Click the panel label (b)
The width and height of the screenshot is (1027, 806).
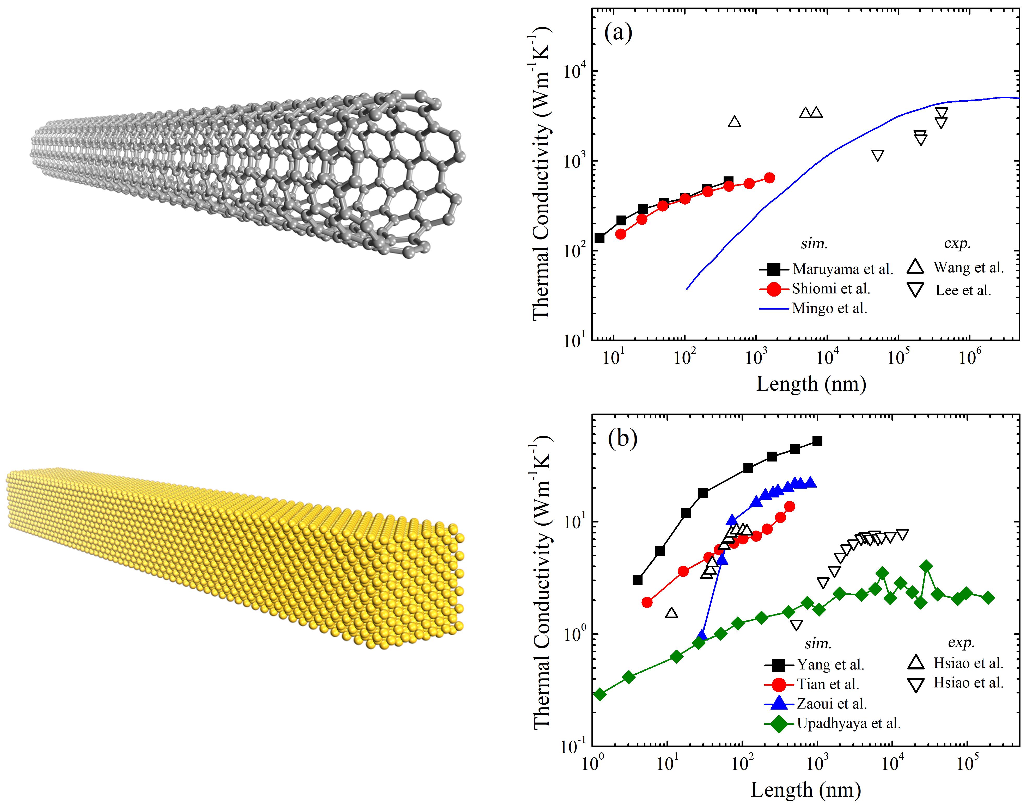[x=622, y=439]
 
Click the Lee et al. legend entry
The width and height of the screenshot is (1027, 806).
[x=963, y=290]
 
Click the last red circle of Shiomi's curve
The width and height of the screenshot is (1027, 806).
[x=769, y=178]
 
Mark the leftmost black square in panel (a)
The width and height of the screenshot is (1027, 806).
[x=600, y=238]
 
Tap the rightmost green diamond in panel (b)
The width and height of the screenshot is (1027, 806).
[x=988, y=598]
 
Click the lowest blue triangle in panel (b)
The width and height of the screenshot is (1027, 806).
[x=702, y=635]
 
